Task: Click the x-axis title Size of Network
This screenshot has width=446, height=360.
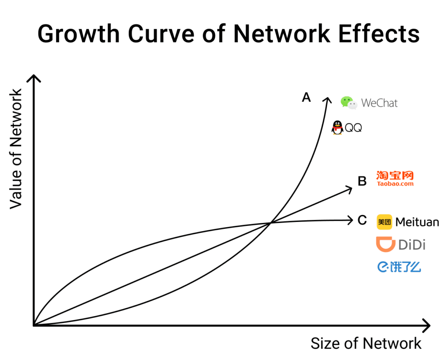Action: click(x=366, y=343)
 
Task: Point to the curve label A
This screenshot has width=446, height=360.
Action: click(x=307, y=98)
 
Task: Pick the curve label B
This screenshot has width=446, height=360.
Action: click(x=362, y=181)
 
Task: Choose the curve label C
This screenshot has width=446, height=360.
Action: click(x=362, y=220)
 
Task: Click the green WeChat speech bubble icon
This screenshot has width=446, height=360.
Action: click(x=348, y=103)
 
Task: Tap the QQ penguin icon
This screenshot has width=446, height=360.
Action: click(x=338, y=128)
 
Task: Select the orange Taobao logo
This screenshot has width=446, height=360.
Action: click(x=395, y=178)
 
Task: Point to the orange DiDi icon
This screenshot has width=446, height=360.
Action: click(x=385, y=244)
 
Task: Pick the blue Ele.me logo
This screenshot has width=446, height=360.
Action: click(x=399, y=266)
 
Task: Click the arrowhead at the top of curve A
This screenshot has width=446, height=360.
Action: click(x=327, y=99)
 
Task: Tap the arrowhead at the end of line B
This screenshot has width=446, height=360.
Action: click(x=349, y=188)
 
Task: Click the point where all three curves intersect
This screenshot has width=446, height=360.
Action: click(x=270, y=223)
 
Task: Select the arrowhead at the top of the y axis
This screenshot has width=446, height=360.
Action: click(x=34, y=77)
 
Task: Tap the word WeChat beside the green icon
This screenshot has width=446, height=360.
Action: click(x=379, y=104)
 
